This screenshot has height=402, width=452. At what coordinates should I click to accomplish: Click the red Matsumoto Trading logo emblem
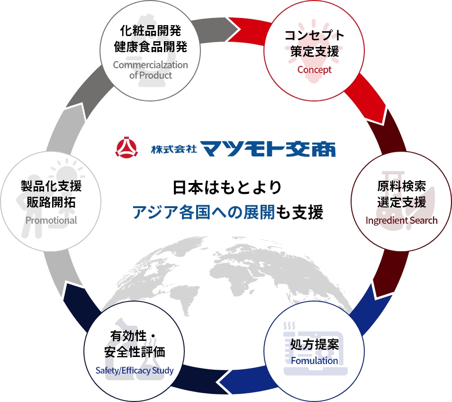(x=126, y=148)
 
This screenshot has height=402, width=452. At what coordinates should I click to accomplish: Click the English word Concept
(x=314, y=70)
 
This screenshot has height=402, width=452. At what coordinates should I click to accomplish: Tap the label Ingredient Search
(x=401, y=220)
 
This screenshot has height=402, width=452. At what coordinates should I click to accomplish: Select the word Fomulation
(x=315, y=360)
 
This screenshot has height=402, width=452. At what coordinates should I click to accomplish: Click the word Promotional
(x=51, y=220)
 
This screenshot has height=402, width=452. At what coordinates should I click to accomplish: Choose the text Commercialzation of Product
(x=150, y=70)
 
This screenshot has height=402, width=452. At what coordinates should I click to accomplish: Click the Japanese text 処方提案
(x=315, y=344)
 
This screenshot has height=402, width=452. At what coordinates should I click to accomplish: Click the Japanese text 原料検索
(x=401, y=185)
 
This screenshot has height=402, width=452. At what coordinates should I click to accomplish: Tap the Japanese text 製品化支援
(x=51, y=185)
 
